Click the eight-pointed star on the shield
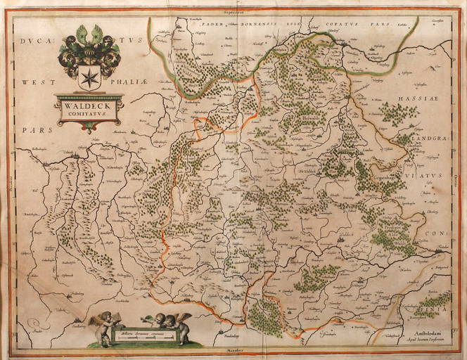(89, 77)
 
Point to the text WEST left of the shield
(35, 82)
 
